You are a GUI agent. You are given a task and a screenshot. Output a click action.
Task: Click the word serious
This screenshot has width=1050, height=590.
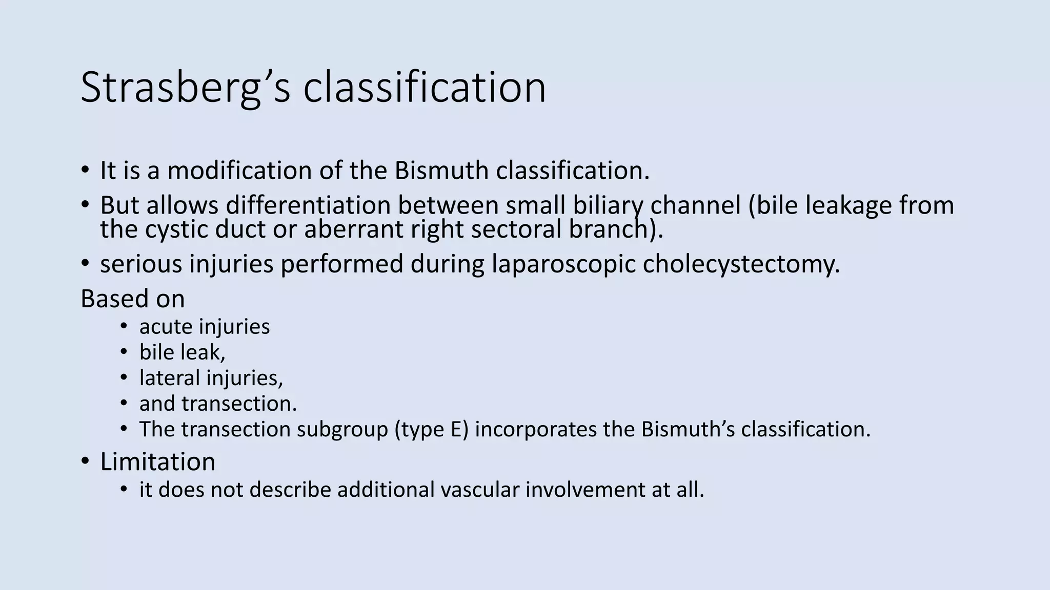coord(141,264)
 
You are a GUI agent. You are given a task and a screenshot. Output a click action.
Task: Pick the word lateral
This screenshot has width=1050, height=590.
coord(169,378)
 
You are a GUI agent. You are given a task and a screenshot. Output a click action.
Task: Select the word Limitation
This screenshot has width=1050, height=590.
coord(157,462)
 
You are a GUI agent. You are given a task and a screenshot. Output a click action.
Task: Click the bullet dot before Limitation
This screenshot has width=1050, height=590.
coord(85,461)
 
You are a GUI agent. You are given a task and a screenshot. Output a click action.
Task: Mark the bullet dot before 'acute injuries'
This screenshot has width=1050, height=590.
coord(124,326)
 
